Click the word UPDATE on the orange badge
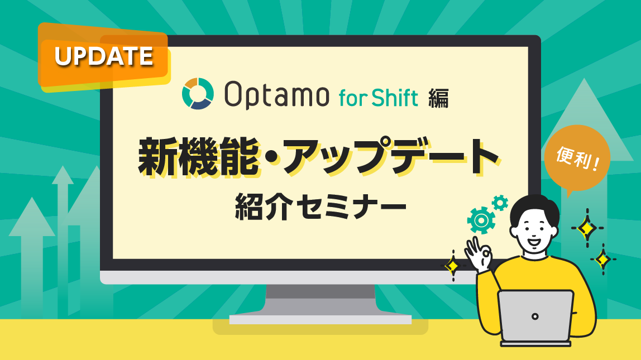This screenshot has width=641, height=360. [x=104, y=56]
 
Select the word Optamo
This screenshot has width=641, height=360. [x=276, y=94]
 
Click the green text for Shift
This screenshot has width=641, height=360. [x=378, y=98]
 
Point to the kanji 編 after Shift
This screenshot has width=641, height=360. [x=438, y=98]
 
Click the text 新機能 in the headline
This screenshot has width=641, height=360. [x=199, y=156]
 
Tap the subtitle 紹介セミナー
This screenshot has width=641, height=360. [x=320, y=207]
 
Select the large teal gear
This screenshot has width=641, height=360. [x=481, y=220]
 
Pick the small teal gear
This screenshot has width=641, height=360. [x=500, y=203]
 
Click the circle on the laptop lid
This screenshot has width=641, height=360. [x=535, y=316]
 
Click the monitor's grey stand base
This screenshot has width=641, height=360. [x=320, y=319]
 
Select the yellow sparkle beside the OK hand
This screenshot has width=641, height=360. [x=452, y=266]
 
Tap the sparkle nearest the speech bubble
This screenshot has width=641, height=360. [x=587, y=228]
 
